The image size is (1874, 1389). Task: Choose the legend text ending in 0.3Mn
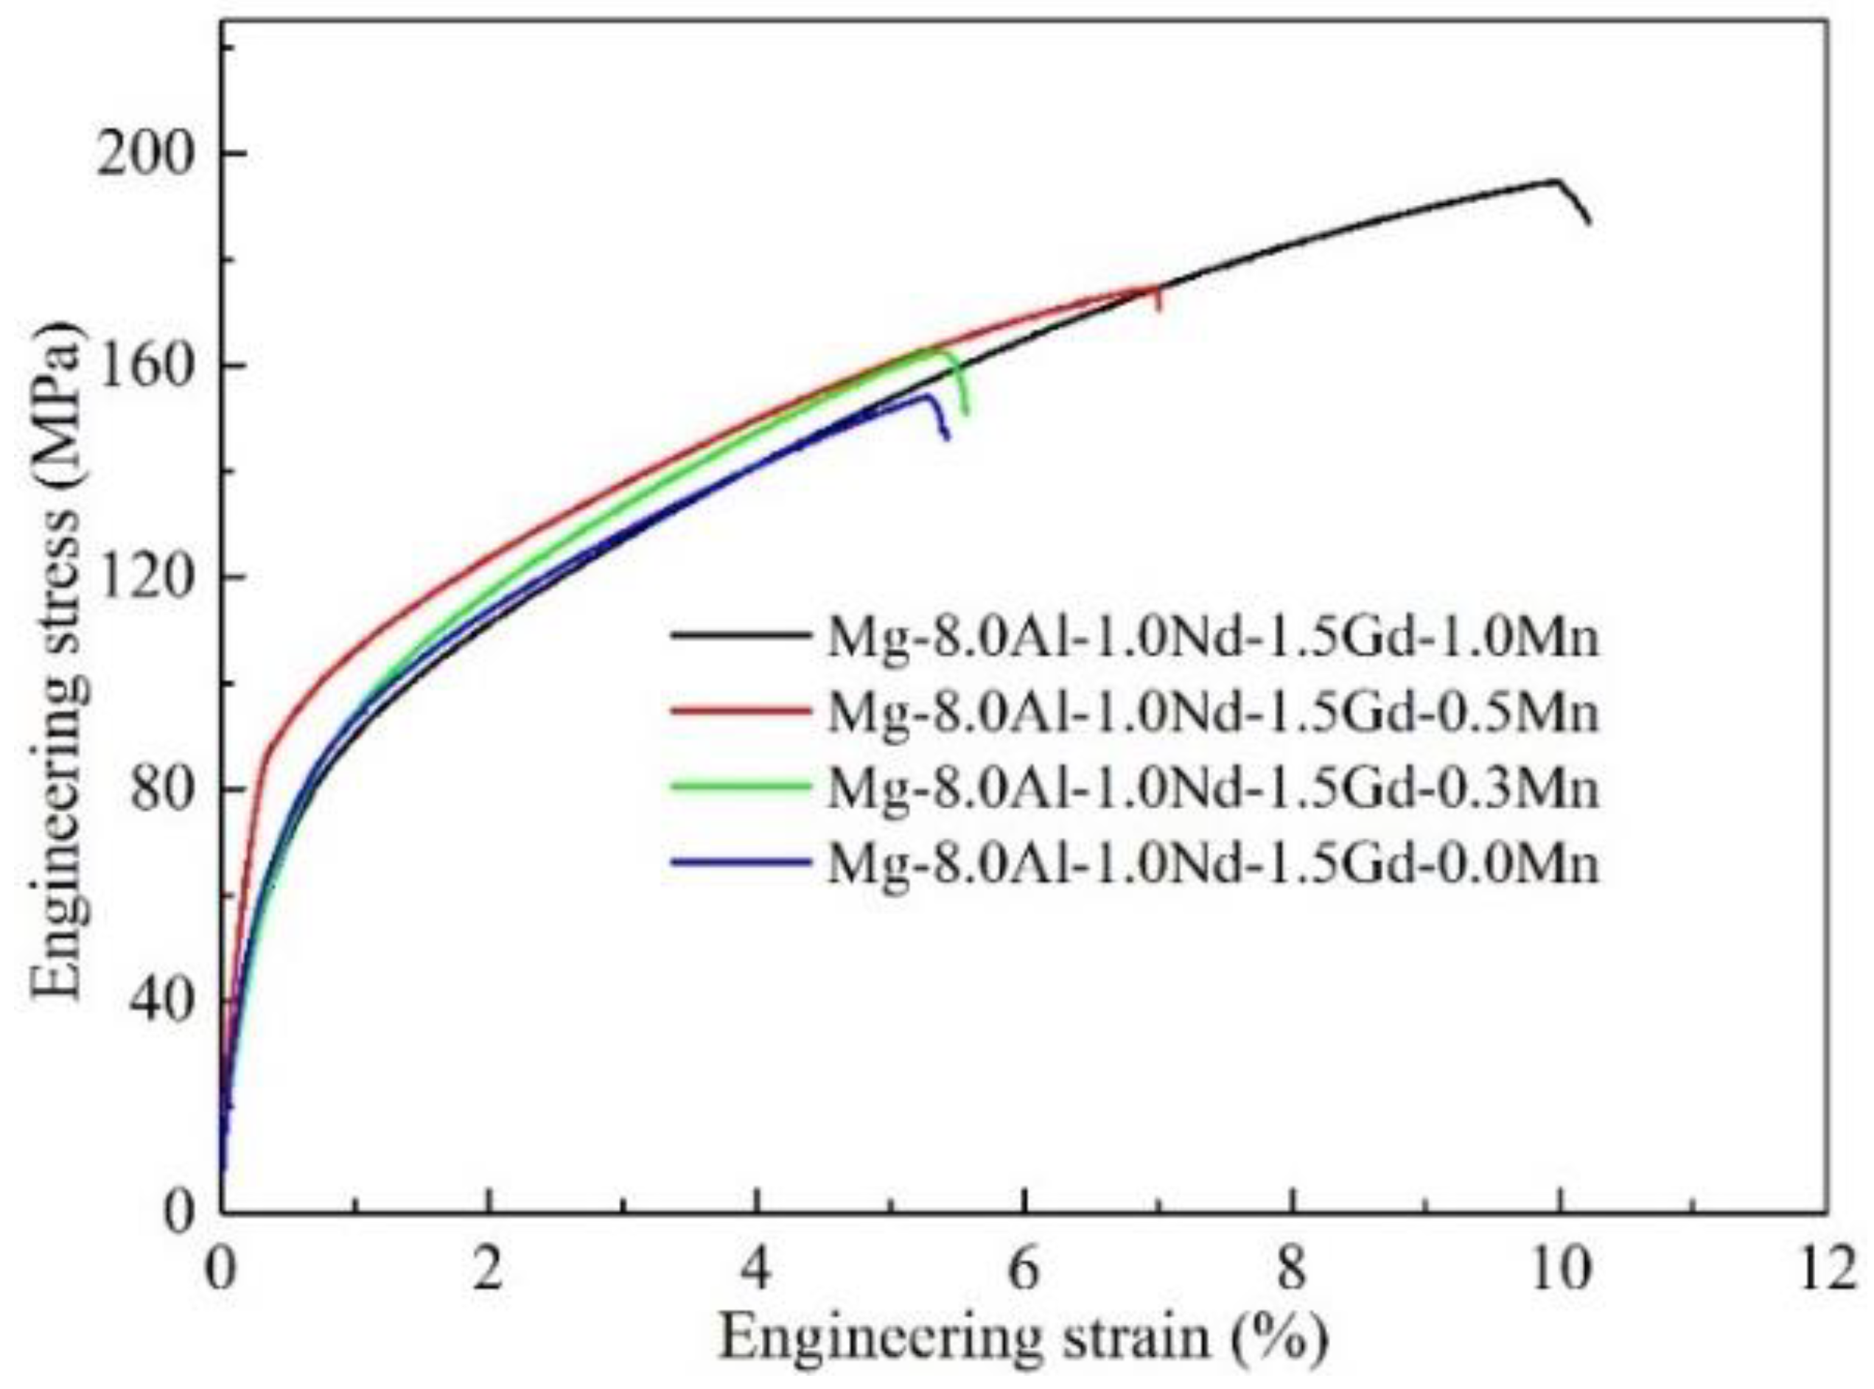1212,788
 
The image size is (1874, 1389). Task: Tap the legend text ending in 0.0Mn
1212,864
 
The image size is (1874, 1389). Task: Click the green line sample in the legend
740,786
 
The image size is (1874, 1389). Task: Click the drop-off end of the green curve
965,413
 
